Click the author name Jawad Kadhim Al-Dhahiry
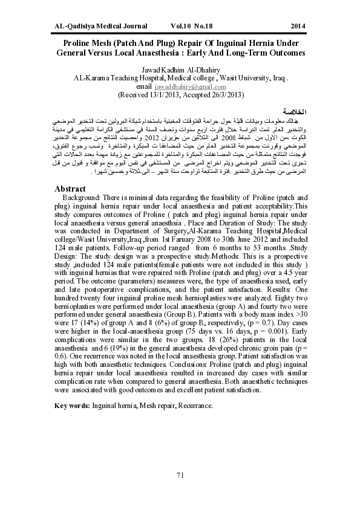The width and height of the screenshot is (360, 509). point(180,70)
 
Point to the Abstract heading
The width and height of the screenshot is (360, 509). point(70,189)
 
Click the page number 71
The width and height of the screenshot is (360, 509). point(180,475)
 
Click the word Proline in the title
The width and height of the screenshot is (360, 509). point(81,44)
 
